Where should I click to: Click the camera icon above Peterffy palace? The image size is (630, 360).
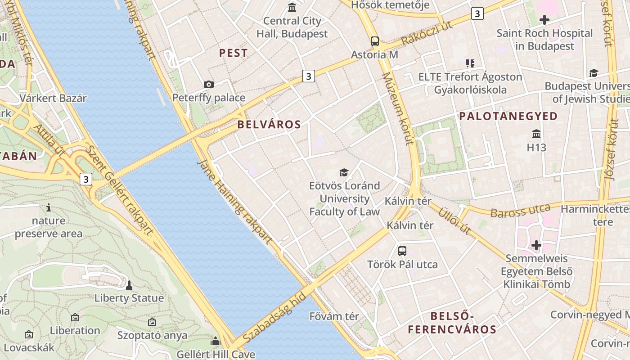[x=208, y=84]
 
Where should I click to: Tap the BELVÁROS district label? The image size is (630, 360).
[x=269, y=125]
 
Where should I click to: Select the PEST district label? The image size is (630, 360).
[x=233, y=53]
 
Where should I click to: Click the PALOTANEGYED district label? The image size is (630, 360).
[x=508, y=116]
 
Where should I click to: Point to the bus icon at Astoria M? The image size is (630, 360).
[x=375, y=41]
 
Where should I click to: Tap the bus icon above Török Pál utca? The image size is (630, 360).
[x=402, y=251]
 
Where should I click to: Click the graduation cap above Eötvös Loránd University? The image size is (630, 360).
[x=344, y=172]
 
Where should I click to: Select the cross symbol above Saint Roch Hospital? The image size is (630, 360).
[x=544, y=20]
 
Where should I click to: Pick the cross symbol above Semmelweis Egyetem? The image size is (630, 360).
[x=536, y=245]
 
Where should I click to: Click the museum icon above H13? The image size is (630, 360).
[x=536, y=134]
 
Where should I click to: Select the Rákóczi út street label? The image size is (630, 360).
[x=427, y=33]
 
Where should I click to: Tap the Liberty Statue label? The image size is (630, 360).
[x=129, y=298]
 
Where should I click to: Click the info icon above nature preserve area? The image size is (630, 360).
[x=49, y=207]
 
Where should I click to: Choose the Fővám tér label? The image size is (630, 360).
[x=334, y=316]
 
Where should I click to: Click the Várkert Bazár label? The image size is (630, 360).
[x=53, y=98]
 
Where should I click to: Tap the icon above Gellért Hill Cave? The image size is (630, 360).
[x=216, y=342]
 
